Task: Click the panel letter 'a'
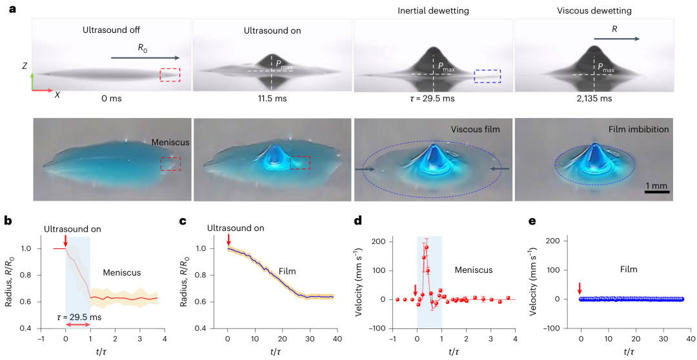click(x=10, y=10)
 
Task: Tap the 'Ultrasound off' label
click(x=111, y=30)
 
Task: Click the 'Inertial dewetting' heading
click(x=432, y=10)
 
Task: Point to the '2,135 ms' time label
click(x=594, y=99)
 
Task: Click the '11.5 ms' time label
click(x=272, y=99)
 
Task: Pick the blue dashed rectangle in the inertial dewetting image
click(x=487, y=76)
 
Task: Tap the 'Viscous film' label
click(x=476, y=130)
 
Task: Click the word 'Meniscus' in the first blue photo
click(x=170, y=143)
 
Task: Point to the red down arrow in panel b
click(x=66, y=241)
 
